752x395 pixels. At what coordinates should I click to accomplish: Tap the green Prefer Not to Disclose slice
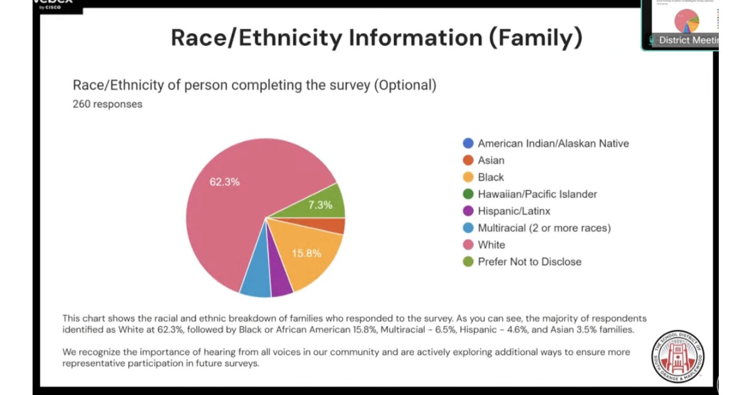click(x=326, y=202)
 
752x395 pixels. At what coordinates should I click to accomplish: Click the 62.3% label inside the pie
click(x=224, y=182)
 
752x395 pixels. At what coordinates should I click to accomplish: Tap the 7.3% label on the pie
click(x=320, y=204)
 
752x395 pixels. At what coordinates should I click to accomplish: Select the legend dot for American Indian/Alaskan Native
click(x=467, y=144)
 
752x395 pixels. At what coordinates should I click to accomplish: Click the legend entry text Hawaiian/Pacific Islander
click(x=537, y=194)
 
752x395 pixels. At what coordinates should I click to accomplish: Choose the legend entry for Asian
click(x=491, y=161)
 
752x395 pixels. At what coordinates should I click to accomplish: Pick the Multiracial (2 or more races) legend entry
click(x=544, y=228)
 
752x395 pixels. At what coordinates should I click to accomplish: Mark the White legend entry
click(x=491, y=245)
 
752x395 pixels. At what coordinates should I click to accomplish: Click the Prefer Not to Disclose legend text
click(x=530, y=262)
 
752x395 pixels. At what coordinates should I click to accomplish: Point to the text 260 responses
click(x=107, y=104)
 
